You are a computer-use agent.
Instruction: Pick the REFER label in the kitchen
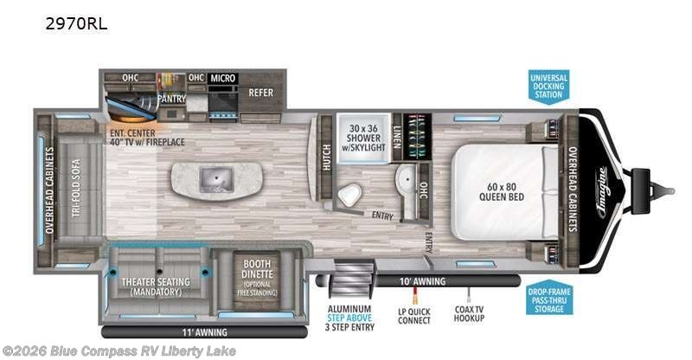click(260, 93)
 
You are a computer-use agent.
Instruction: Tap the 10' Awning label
click(423, 281)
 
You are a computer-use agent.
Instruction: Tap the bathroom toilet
click(350, 196)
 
